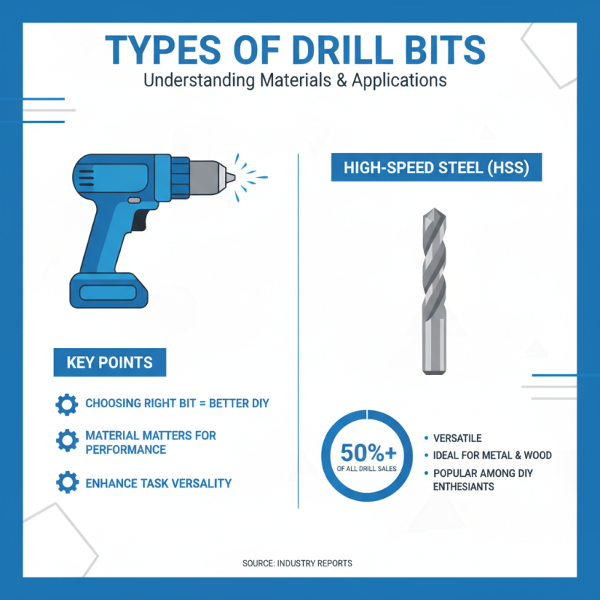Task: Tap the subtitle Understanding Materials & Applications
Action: point(300,79)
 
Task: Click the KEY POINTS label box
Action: point(109,362)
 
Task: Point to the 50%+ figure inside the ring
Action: point(367,453)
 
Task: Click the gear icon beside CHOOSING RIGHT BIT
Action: point(67,404)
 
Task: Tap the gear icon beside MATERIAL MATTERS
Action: point(67,441)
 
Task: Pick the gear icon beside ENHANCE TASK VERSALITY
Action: point(67,482)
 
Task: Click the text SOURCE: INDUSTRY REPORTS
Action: point(297,563)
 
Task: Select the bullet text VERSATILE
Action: point(457,438)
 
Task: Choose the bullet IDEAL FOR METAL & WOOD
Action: point(492,455)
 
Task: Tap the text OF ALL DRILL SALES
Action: point(367,469)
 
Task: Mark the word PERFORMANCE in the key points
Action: point(125,449)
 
